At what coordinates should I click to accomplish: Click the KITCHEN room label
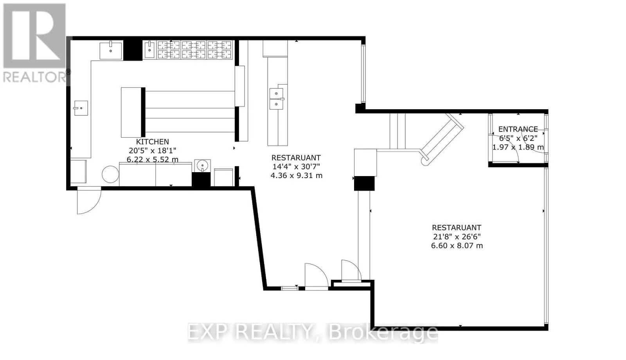click(152, 142)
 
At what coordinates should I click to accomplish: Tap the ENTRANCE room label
click(518, 129)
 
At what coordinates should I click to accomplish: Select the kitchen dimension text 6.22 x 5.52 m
click(152, 160)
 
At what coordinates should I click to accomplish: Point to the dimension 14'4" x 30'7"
click(296, 167)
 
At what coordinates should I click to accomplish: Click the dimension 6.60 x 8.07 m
click(457, 246)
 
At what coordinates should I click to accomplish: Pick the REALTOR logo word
click(35, 77)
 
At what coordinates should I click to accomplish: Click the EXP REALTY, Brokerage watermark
click(313, 332)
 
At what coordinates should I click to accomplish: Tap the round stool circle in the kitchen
click(110, 175)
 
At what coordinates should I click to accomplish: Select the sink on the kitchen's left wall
click(81, 108)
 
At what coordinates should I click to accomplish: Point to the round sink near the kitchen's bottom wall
click(202, 166)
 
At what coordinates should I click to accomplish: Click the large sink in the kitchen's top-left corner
click(111, 50)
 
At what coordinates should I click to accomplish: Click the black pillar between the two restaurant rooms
click(364, 184)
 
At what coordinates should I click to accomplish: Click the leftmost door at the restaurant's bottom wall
click(317, 277)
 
